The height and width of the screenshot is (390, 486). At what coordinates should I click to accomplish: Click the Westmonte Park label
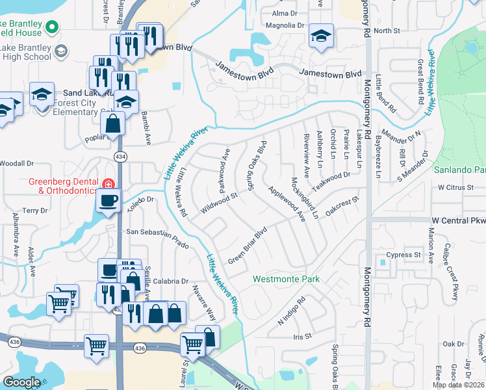pyautogui.click(x=287, y=279)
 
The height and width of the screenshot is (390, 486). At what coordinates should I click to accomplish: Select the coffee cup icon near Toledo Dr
pyautogui.click(x=109, y=200)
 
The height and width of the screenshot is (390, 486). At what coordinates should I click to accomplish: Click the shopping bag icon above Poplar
pyautogui.click(x=113, y=123)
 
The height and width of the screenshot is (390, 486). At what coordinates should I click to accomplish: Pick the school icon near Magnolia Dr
pyautogui.click(x=321, y=36)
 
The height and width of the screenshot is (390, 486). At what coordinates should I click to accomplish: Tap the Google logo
pyautogui.click(x=22, y=382)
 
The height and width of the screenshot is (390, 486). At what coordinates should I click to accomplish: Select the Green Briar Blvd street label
pyautogui.click(x=248, y=246)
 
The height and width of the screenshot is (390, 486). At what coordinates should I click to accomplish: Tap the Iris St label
pyautogui.click(x=303, y=337)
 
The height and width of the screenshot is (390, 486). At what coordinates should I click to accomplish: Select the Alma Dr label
pyautogui.click(x=284, y=13)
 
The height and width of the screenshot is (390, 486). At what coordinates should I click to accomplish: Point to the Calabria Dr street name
pyautogui.click(x=171, y=281)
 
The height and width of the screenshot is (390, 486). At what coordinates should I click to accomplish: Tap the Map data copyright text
pyautogui.click(x=459, y=385)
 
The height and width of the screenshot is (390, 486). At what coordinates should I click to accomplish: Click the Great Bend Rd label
pyautogui.click(x=421, y=75)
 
